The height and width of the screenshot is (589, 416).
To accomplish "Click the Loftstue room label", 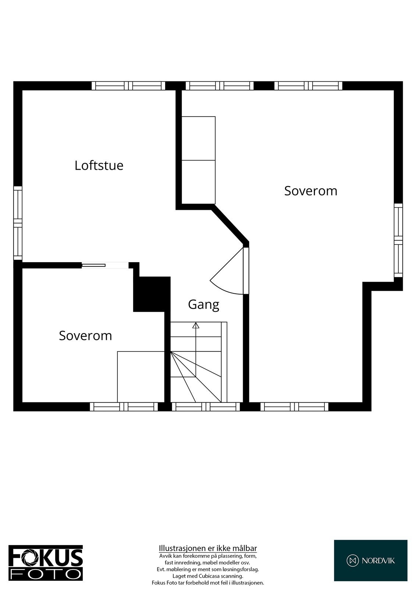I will coord(99,165).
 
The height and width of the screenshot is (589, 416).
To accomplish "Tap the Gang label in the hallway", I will coord(203,304).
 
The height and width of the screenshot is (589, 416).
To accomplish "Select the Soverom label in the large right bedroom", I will coord(310,191).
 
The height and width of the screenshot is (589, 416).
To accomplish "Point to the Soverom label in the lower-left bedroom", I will coord(85,336).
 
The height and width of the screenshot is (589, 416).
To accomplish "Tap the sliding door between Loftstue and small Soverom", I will coord(93,265).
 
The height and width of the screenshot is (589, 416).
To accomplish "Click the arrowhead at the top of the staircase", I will coord(196,325).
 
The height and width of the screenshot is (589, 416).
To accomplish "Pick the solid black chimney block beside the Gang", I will coord(152,294).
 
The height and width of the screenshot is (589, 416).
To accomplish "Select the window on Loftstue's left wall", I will coord(18,223).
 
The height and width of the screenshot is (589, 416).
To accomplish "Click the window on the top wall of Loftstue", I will coord(128,86).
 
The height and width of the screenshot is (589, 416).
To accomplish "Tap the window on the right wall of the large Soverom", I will coord(398,240).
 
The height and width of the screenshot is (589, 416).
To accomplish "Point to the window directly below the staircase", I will coord(206,406).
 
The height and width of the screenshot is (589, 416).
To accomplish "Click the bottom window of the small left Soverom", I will coord(124,406).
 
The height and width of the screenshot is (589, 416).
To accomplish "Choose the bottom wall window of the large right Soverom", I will coord(294,406).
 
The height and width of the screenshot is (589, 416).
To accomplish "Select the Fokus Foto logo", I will coord(46,563).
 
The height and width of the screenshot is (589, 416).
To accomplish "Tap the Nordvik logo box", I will coord(370,560).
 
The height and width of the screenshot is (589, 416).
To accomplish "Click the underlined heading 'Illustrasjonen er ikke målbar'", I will coord(208,548).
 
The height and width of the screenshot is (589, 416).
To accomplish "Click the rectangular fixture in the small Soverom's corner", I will coord(141,377).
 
